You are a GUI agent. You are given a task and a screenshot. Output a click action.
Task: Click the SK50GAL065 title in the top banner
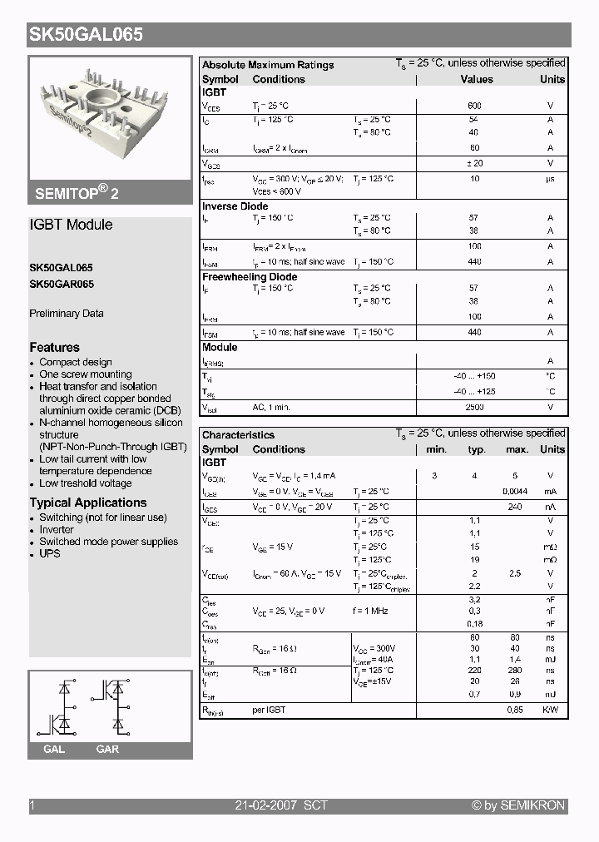[x=87, y=35]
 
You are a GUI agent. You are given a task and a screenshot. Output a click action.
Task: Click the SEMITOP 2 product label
[x=77, y=192]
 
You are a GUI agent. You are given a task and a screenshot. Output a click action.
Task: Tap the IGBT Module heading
[x=71, y=225]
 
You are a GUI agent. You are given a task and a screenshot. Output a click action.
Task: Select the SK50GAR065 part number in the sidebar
[x=62, y=284]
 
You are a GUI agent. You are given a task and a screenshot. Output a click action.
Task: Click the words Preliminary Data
[x=67, y=314]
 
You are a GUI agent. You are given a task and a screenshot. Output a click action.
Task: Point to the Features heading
[x=55, y=347]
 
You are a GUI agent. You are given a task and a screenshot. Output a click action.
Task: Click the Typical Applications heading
[x=88, y=503]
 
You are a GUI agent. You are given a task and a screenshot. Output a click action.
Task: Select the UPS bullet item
[x=50, y=553]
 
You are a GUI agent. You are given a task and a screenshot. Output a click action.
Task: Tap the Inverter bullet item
[x=57, y=529]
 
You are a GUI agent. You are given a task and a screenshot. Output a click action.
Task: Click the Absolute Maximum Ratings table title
[x=268, y=65]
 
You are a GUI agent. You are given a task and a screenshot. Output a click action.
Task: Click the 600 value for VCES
[x=474, y=106]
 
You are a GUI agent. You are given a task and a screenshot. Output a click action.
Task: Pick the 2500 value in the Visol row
[x=474, y=407]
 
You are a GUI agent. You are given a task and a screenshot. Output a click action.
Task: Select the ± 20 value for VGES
[x=474, y=163]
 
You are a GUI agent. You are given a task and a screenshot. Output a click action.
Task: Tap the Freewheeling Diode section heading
[x=250, y=277]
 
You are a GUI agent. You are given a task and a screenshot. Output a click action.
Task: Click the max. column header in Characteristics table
[x=517, y=449]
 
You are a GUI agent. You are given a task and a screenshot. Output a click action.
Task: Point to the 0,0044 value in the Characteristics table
[x=515, y=492]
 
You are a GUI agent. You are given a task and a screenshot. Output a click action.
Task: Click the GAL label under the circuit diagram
[x=54, y=749]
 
